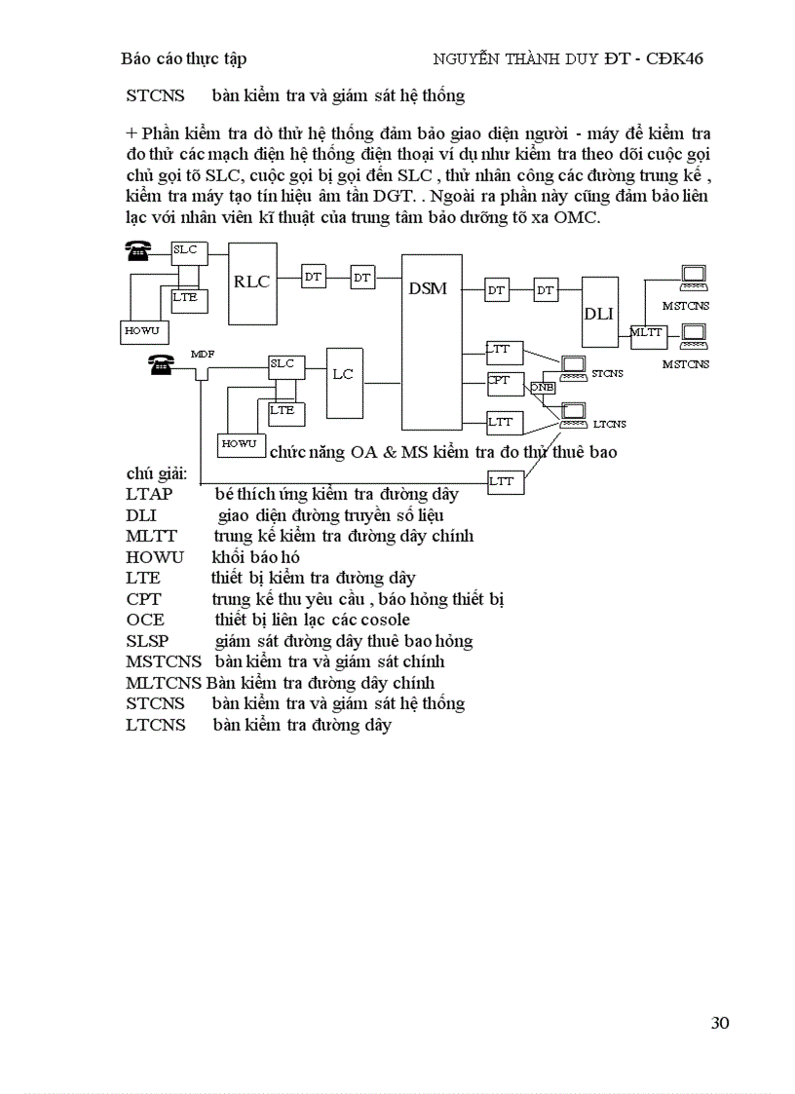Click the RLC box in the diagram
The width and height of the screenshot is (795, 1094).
[252, 283]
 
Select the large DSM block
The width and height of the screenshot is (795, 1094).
[432, 341]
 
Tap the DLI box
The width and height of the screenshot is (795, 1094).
[600, 312]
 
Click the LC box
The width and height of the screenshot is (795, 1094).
[343, 375]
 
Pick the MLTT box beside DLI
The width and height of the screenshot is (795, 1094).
[646, 333]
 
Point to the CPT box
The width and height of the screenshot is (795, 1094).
[505, 382]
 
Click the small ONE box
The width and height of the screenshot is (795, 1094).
[543, 387]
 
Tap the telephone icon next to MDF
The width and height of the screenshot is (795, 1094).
[160, 364]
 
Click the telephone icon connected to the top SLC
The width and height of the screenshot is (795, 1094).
[137, 250]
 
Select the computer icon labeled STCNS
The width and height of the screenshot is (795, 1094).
[575, 367]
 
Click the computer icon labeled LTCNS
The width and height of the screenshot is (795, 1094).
[575, 411]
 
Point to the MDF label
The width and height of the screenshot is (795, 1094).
[202, 354]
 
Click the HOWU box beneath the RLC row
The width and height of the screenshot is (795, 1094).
[141, 331]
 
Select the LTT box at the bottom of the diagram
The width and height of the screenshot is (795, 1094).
[505, 481]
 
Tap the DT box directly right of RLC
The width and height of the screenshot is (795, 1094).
[314, 278]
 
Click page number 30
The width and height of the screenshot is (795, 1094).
[720, 1023]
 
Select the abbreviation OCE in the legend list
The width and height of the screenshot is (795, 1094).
[145, 620]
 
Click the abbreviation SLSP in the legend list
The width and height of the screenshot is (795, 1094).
[147, 641]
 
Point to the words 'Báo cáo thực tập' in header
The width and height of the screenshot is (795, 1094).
[183, 58]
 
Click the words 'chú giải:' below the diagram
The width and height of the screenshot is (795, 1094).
[157, 474]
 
